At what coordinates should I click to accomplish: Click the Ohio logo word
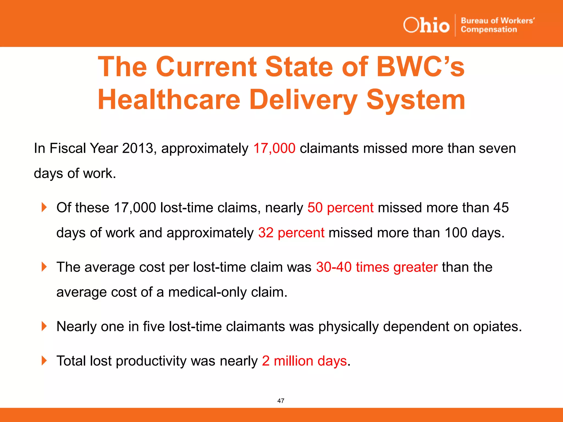point(426,25)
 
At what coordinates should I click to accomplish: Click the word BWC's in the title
point(420,67)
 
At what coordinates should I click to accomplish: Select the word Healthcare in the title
point(169,100)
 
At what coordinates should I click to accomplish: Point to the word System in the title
point(416,100)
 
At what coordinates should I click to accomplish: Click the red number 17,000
point(274,148)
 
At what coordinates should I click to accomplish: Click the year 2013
point(137,148)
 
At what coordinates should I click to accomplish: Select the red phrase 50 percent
point(340,208)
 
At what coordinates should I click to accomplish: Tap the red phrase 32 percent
point(291,233)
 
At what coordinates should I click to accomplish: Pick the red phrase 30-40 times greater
point(377,267)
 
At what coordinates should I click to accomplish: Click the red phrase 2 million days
point(304,361)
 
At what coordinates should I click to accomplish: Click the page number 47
point(281,401)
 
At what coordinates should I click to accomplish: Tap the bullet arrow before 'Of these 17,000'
point(44,207)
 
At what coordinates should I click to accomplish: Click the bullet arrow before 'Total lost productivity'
point(44,360)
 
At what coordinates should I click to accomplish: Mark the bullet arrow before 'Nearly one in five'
point(44,326)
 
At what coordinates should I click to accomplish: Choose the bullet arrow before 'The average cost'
point(44,267)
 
